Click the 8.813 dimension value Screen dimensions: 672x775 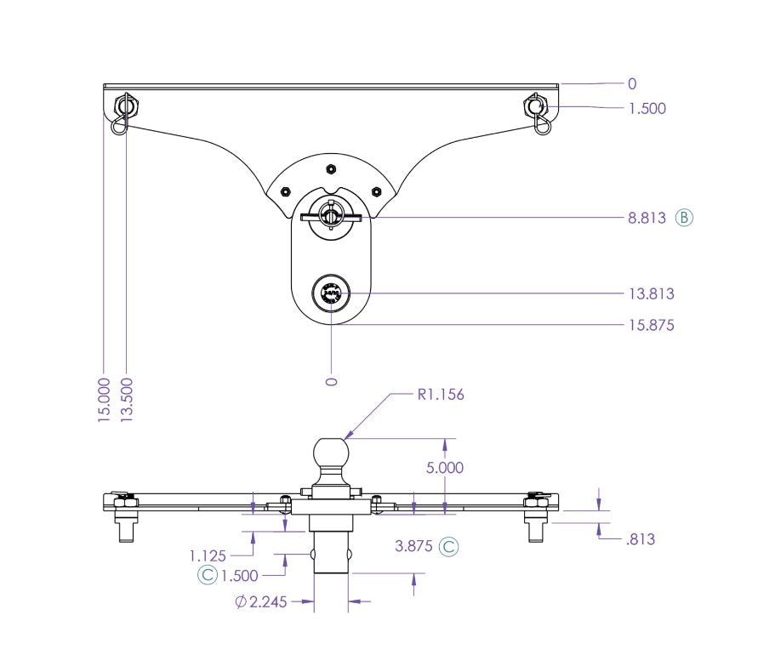[647, 218]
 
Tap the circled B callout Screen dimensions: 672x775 [685, 217]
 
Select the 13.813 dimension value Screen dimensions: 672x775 [651, 294]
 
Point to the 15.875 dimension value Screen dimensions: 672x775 [651, 325]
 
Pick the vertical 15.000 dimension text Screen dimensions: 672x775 [104, 399]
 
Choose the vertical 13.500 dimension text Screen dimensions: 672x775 [128, 399]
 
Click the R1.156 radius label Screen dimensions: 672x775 [441, 396]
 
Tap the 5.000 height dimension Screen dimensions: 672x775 [445, 468]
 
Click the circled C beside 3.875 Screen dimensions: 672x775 [449, 547]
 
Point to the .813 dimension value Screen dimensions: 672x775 [641, 539]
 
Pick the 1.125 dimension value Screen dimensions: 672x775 [208, 556]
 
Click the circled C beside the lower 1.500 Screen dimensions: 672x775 [207, 576]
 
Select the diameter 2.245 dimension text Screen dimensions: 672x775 [260, 602]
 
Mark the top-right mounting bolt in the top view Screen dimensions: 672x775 [535, 107]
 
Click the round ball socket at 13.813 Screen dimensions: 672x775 [331, 293]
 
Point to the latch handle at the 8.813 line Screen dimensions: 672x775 [330, 216]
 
